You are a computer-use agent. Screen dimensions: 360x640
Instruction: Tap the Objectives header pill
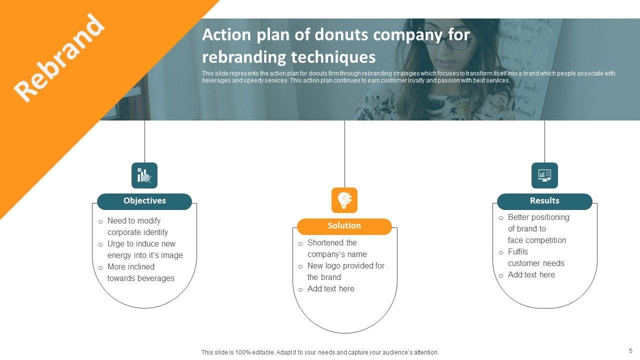coord(144,201)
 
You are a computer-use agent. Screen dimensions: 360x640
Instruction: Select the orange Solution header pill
coord(344,226)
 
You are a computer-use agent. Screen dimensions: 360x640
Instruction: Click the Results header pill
coord(544,201)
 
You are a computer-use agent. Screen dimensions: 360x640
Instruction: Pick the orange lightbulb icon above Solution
coord(344,200)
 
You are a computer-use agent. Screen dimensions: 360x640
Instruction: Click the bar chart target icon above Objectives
coord(144,175)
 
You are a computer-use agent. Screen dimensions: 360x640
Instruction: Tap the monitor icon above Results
coord(544,175)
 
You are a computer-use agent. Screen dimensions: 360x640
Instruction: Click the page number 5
coord(630,351)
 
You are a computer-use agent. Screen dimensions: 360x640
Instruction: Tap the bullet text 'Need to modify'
coord(134,220)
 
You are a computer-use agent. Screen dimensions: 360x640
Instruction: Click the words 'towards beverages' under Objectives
coord(141,278)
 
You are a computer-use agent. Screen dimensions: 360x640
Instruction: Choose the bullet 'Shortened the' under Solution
coord(332,242)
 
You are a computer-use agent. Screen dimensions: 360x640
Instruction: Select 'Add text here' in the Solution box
coord(330,288)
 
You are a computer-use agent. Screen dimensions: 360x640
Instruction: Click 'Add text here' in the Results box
coord(531,274)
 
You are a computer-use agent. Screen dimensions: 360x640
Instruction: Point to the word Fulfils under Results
coord(518,251)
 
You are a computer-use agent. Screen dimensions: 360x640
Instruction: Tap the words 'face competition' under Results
coord(537,240)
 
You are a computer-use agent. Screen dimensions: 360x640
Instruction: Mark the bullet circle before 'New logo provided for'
coord(300,266)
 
